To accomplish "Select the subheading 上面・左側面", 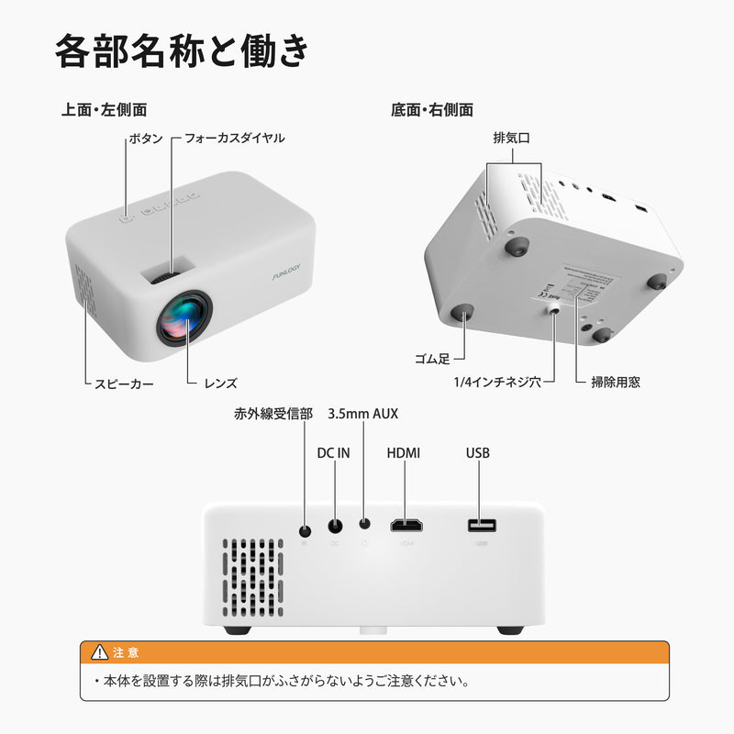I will [104, 110].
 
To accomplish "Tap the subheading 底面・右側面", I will [431, 110].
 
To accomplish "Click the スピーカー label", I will [117, 383].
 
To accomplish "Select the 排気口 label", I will [513, 138].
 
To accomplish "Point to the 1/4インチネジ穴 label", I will [496, 382].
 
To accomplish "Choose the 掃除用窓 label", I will [615, 382].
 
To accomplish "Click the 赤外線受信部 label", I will [273, 415].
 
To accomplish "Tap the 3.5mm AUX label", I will [362, 415].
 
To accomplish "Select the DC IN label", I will [333, 453].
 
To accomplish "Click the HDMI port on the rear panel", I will [406, 526].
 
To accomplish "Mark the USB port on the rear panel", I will [481, 526].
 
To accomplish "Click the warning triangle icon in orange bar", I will [100, 652].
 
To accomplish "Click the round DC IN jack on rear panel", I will [335, 527].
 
